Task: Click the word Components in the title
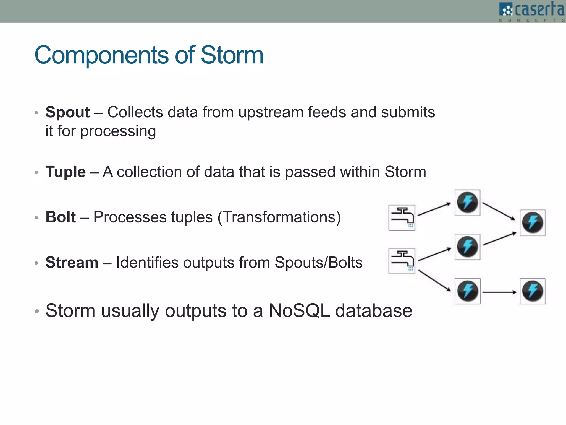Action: (x=101, y=55)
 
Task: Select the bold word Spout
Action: (x=67, y=112)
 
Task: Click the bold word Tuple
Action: (x=65, y=172)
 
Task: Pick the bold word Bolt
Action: (x=61, y=217)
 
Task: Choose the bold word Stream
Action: (x=72, y=262)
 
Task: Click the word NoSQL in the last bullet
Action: (x=299, y=310)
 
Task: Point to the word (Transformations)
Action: (x=279, y=217)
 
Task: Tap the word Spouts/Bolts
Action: (x=318, y=262)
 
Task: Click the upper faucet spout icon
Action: (x=402, y=218)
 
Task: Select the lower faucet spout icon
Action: (x=402, y=261)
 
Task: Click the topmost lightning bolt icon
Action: (x=467, y=203)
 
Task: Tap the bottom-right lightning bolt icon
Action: (x=533, y=291)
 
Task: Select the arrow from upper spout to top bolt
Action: (x=434, y=209)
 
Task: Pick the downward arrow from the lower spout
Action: (x=434, y=281)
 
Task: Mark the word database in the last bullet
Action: (x=374, y=310)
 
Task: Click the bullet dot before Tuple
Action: (x=36, y=173)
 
